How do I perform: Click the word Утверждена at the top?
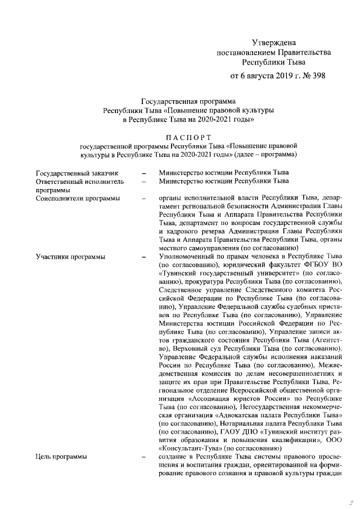coord(273,42)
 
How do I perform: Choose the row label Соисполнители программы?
coord(77,198)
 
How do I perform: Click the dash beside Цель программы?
coord(145,457)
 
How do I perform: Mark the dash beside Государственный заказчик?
coord(145,173)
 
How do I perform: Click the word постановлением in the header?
coord(247,52)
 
